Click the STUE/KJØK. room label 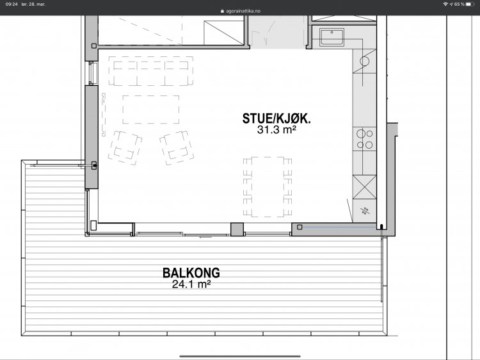(x=276, y=119)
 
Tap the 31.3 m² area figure (x=276, y=130)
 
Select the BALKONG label (x=191, y=273)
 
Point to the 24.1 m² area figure (x=191, y=284)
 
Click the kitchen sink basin (x=332, y=37)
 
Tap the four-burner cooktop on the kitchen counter (x=365, y=139)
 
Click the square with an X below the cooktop (x=365, y=187)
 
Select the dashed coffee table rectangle (x=151, y=110)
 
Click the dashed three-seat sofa (x=150, y=71)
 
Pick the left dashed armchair (x=125, y=147)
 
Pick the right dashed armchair (x=177, y=147)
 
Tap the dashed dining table (x=268, y=186)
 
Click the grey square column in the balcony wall (x=237, y=229)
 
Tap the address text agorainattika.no (x=243, y=11)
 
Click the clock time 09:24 (x=12, y=4)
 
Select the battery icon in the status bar (x=470, y=4)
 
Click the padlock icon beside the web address (x=222, y=11)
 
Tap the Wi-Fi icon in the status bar (x=445, y=4)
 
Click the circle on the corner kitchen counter (x=364, y=61)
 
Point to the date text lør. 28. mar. (x=33, y=4)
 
